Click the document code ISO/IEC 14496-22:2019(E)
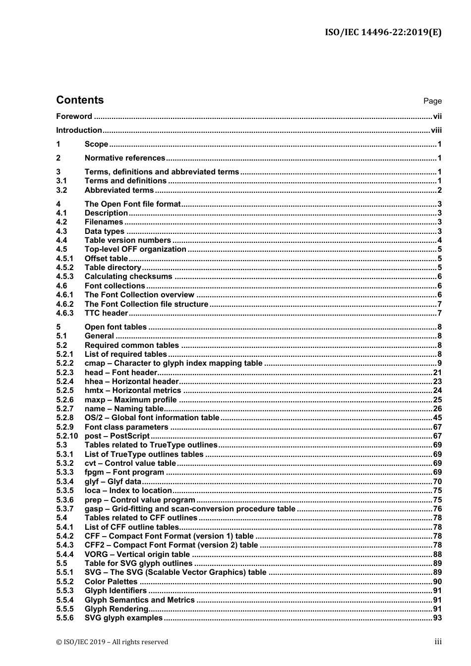(383, 33)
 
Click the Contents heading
(80, 100)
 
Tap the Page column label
(432, 101)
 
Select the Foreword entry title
(74, 116)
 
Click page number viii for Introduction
(436, 130)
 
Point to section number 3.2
(61, 190)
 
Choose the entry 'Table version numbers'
(127, 240)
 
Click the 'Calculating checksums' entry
(128, 277)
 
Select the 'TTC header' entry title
(106, 313)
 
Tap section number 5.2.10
(67, 436)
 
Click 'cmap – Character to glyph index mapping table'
(173, 363)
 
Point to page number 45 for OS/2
(437, 418)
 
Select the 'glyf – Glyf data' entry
(113, 482)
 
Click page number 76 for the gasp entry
(437, 509)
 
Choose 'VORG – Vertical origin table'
(137, 555)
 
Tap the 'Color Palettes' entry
(111, 582)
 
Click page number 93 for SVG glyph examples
(437, 618)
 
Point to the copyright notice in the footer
(112, 642)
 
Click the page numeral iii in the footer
(438, 642)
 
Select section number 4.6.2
(64, 304)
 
